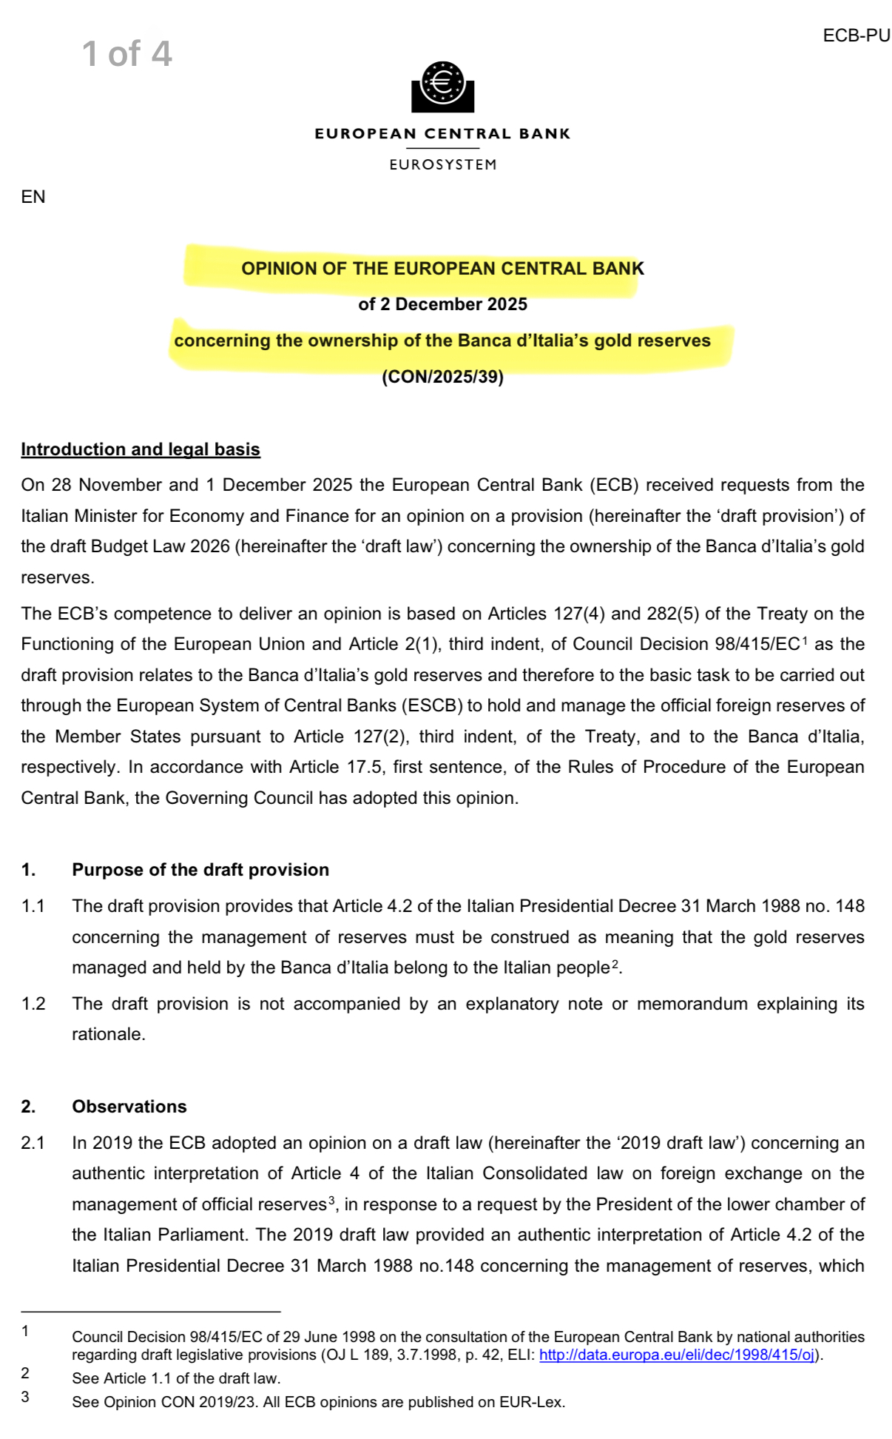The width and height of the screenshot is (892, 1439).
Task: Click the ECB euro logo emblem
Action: click(x=442, y=85)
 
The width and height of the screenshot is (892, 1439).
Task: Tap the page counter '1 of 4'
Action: click(x=126, y=54)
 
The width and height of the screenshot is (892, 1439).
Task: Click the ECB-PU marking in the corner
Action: click(x=856, y=36)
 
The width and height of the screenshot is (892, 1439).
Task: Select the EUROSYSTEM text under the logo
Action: click(x=442, y=164)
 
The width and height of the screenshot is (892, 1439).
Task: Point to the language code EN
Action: click(x=33, y=197)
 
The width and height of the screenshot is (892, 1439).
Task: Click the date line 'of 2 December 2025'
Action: click(x=442, y=304)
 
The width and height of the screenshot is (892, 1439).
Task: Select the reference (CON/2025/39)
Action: click(x=442, y=377)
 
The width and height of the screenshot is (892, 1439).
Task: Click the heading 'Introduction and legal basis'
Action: click(x=141, y=449)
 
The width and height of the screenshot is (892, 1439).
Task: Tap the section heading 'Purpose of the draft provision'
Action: click(x=200, y=870)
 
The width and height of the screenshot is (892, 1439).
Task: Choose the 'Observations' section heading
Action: click(x=129, y=1107)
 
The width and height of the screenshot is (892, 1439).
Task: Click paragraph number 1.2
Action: click(x=33, y=1004)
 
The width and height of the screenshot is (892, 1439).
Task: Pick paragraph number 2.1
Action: click(x=33, y=1143)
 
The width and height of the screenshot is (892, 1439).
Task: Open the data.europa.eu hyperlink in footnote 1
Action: click(x=677, y=1355)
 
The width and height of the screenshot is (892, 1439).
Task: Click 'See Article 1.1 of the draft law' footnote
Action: click(x=176, y=1378)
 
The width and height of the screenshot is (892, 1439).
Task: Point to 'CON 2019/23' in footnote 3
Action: click(x=214, y=1402)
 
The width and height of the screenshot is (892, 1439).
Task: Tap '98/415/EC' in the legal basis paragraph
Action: click(x=757, y=644)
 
